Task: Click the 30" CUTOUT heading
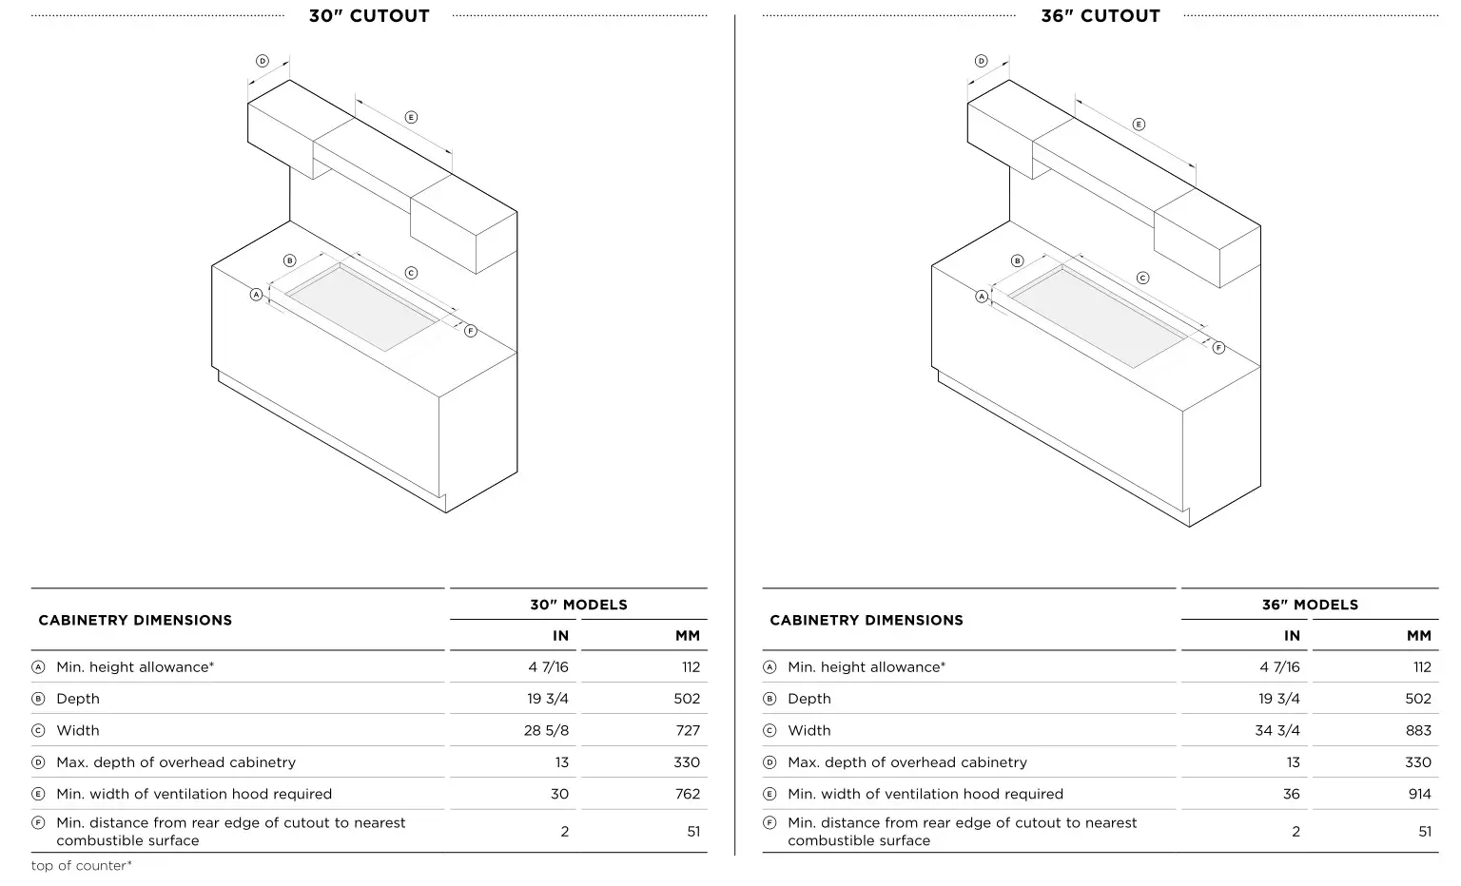pyautogui.click(x=369, y=16)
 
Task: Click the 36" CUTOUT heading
pyautogui.click(x=1100, y=16)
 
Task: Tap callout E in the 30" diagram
pyautogui.click(x=411, y=118)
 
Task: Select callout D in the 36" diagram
pyautogui.click(x=982, y=62)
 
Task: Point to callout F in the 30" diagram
pyautogui.click(x=470, y=331)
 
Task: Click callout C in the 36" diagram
pyautogui.click(x=1142, y=279)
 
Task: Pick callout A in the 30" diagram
pyautogui.click(x=256, y=295)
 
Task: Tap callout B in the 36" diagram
pyautogui.click(x=1017, y=260)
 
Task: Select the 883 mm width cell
pyautogui.click(x=1417, y=730)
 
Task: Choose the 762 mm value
pyautogui.click(x=687, y=794)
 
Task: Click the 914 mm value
pyautogui.click(x=1419, y=794)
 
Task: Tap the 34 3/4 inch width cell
pyautogui.click(x=1277, y=730)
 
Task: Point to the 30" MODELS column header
pyautogui.click(x=578, y=605)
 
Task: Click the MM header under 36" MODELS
pyautogui.click(x=1418, y=636)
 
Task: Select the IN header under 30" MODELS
pyautogui.click(x=560, y=636)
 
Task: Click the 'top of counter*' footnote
pyautogui.click(x=82, y=866)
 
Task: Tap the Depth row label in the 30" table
pyautogui.click(x=78, y=699)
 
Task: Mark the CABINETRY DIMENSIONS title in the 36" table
pyautogui.click(x=866, y=620)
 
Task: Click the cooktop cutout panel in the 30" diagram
pyautogui.click(x=361, y=308)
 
